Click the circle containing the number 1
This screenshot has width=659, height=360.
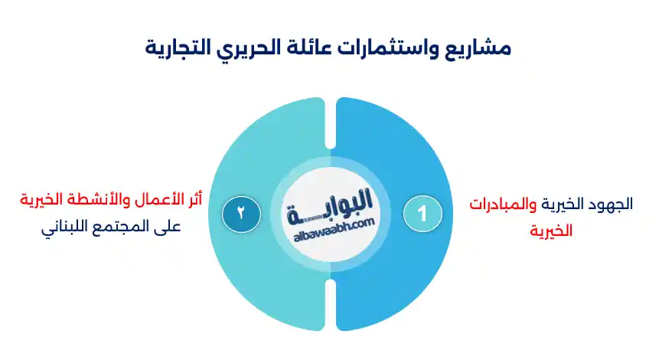(x=422, y=213)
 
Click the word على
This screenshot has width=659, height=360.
(x=164, y=227)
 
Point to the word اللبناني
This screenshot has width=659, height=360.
(x=66, y=227)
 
